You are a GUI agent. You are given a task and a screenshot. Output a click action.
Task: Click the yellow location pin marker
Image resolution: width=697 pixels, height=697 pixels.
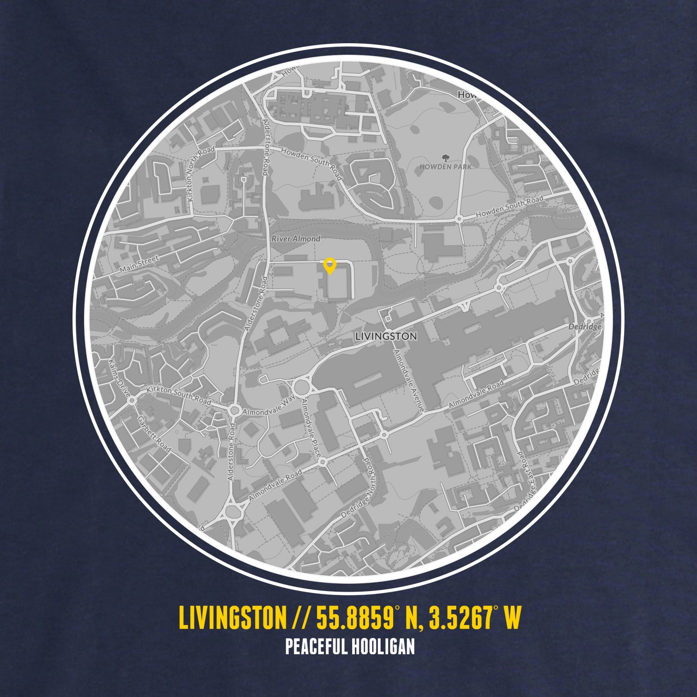[329, 265]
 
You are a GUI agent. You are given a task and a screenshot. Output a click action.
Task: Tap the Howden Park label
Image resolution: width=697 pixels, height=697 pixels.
[445, 166]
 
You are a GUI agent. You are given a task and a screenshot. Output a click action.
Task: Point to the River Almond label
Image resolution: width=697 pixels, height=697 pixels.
[296, 239]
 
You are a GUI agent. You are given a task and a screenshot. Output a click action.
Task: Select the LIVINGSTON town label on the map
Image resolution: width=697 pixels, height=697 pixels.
[386, 336]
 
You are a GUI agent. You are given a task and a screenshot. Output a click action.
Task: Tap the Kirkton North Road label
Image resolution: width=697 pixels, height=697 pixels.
[200, 174]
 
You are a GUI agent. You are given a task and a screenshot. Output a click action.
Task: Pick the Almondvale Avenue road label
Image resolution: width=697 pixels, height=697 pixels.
[408, 380]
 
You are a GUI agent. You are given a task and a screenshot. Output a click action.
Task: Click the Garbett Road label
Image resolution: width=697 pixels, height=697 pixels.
[154, 434]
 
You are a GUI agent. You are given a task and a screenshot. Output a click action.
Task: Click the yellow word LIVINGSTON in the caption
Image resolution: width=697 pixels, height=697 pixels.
[232, 618]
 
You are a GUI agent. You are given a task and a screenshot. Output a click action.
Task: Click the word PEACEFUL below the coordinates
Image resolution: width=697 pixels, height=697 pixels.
[316, 647]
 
